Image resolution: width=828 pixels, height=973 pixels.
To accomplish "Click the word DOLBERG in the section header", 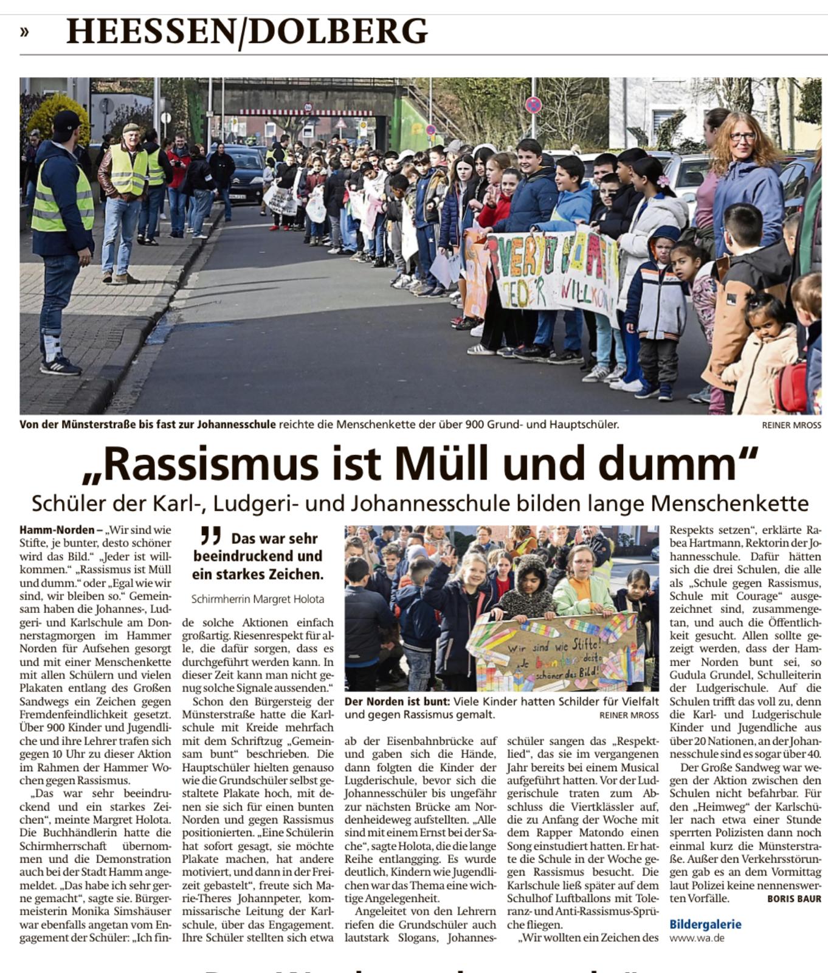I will pyautogui.click(x=338, y=32).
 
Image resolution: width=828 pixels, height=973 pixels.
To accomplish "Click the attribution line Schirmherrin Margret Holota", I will pyautogui.click(x=258, y=599).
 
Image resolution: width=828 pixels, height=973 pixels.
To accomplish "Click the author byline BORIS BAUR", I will pyautogui.click(x=794, y=898).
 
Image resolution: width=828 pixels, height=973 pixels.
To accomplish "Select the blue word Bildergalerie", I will pyautogui.click(x=705, y=924).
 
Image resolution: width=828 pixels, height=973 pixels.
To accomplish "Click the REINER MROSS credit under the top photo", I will pyautogui.click(x=792, y=425).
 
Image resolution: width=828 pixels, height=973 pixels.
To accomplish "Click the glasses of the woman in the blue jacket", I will pyautogui.click(x=742, y=137).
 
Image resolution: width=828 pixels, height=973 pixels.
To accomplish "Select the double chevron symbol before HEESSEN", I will pyautogui.click(x=24, y=32).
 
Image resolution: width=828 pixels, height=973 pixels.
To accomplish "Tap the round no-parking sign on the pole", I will pyautogui.click(x=533, y=105).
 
